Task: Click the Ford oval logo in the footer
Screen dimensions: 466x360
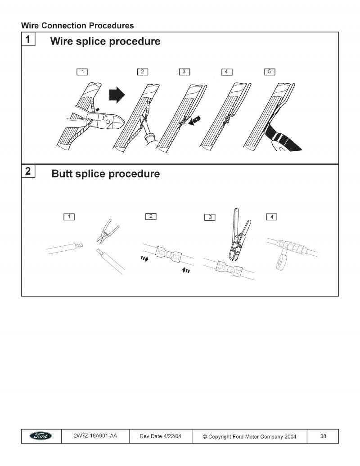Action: tap(41, 436)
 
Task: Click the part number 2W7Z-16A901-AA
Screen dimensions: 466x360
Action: tap(95, 436)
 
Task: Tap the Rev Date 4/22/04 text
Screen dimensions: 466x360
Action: tap(161, 436)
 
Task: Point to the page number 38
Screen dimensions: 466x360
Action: tap(323, 436)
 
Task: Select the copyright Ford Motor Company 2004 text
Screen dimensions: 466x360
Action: tap(249, 436)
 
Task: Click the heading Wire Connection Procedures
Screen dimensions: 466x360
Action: tap(77, 26)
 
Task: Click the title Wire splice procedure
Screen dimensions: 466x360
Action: tap(105, 41)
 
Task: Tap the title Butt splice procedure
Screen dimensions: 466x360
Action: tap(105, 173)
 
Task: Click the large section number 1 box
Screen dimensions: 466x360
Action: tap(28, 39)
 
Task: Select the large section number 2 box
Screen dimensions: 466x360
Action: tap(28, 171)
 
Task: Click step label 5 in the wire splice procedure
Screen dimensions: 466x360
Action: tap(269, 72)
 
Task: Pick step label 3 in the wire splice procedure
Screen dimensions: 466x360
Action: tap(184, 72)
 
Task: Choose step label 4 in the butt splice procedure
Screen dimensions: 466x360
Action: tap(272, 217)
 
